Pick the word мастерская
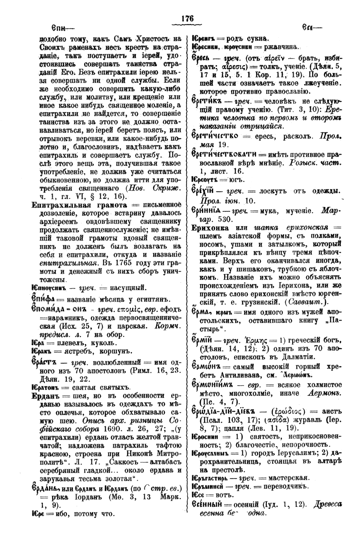(284, 478)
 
